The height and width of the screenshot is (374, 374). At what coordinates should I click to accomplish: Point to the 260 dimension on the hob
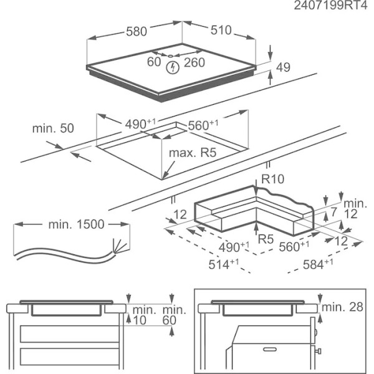(x=194, y=62)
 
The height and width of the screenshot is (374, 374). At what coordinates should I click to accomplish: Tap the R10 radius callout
(x=273, y=180)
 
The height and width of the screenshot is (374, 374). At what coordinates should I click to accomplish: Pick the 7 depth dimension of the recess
(x=334, y=212)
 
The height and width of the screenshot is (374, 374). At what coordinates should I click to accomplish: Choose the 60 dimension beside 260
(x=154, y=62)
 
